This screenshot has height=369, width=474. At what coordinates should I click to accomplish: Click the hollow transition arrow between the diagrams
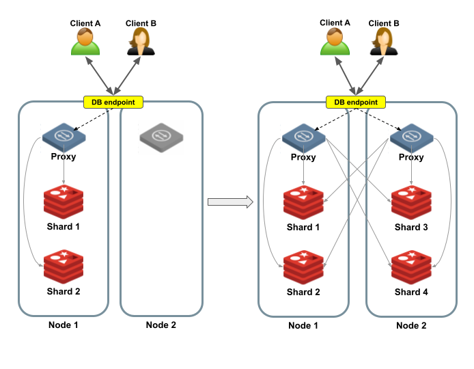(230, 202)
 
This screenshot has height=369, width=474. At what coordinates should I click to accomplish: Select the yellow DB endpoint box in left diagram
(113, 102)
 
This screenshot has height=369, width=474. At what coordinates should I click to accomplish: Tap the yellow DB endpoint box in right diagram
(355, 102)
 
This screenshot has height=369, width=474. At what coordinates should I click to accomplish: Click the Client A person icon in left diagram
(85, 42)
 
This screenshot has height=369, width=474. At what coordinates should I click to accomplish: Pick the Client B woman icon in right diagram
(384, 42)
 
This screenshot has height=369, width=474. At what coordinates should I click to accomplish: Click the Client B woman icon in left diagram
(141, 42)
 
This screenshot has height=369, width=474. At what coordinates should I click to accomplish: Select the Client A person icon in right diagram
(335, 42)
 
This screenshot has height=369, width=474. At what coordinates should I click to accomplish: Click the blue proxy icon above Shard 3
(410, 137)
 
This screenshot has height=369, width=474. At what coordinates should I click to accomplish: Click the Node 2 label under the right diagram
(411, 325)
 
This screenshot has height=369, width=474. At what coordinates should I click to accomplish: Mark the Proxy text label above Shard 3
(410, 157)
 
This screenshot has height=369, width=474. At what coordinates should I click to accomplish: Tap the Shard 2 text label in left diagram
(64, 292)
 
